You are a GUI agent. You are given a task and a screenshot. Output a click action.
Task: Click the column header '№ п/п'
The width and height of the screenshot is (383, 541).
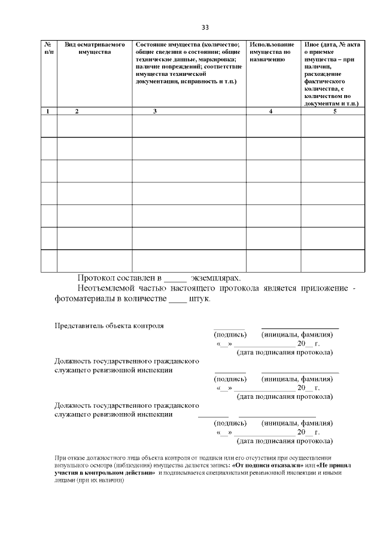48,48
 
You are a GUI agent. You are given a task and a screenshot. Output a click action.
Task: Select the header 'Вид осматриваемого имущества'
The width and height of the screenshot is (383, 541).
95,48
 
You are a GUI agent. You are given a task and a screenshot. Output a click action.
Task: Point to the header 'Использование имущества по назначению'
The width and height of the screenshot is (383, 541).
272,53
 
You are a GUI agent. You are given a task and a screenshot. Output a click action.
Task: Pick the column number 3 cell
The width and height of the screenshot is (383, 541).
155,111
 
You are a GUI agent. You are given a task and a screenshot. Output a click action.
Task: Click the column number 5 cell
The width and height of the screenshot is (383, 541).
335,111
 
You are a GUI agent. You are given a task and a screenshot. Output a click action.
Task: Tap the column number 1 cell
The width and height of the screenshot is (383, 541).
48,111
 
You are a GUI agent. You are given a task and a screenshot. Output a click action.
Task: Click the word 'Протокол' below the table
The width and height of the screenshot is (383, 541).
98,278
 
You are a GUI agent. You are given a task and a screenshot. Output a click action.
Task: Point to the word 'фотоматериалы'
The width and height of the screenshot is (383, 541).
83,299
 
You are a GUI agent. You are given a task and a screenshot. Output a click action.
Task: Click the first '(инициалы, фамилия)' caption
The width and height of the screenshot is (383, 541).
297,334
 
